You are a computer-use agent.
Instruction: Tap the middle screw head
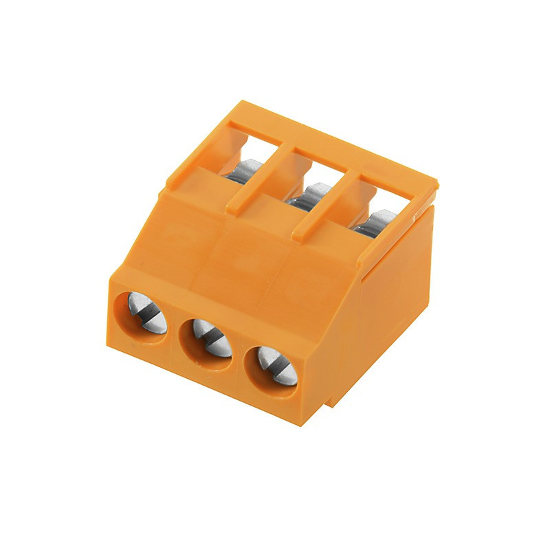[208, 337]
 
